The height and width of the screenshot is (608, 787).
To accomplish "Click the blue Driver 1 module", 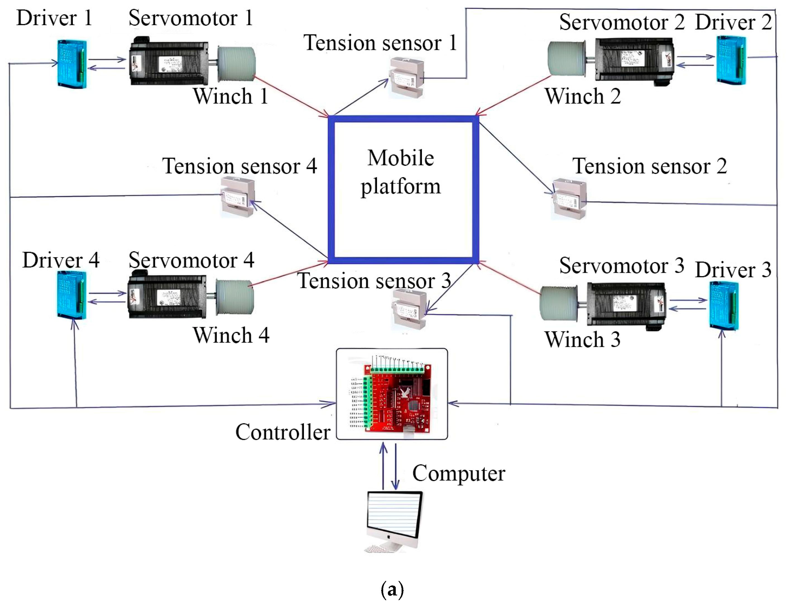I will pyautogui.click(x=72, y=64).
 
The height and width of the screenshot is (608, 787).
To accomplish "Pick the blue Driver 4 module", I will pyautogui.click(x=72, y=295).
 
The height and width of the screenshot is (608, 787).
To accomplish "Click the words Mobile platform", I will pyautogui.click(x=401, y=172).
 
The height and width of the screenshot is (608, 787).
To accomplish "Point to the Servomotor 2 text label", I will pyautogui.click(x=621, y=22).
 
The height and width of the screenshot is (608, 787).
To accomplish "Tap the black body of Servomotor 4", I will pyautogui.click(x=167, y=296).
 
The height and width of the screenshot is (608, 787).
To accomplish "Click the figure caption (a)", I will pyautogui.click(x=392, y=590).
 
